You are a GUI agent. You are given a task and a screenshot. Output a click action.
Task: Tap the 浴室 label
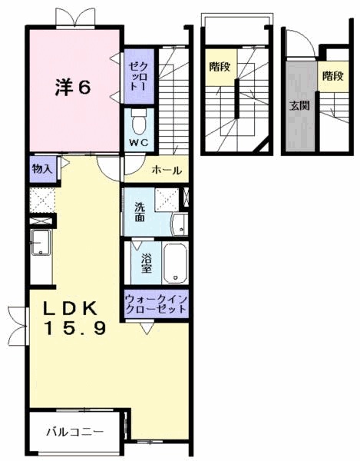[x=146, y=264]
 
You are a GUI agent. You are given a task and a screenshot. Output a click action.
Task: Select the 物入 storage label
[x=41, y=169]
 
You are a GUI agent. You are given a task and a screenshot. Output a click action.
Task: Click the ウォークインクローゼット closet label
[x=156, y=303]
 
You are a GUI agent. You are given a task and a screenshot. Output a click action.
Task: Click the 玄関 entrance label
[x=299, y=106]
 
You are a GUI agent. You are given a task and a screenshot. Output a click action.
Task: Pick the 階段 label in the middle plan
[x=219, y=67]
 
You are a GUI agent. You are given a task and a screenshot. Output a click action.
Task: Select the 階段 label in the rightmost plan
[x=332, y=76]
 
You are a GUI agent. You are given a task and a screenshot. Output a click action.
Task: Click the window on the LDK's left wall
[x=13, y=323]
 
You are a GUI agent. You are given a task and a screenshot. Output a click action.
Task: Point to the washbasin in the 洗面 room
[x=177, y=224]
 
